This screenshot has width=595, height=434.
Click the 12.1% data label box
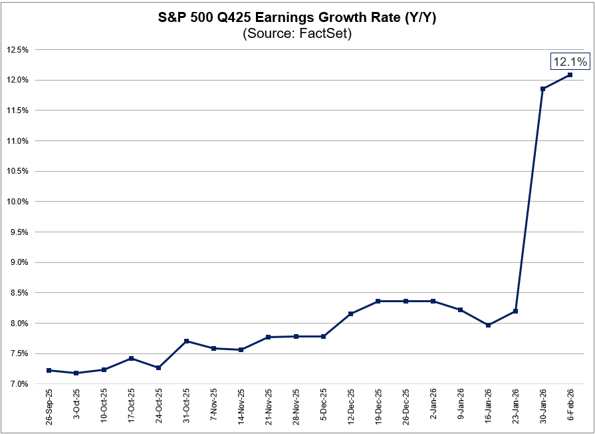570,62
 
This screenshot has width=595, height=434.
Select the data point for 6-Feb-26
570,75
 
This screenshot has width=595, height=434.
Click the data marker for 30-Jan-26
543,89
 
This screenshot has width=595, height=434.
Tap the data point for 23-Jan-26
516,311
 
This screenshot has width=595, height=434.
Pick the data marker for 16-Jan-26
489,325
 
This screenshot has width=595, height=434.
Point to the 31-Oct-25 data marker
186,341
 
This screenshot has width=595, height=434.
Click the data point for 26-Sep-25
49,370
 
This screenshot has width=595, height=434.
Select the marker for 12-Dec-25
351,314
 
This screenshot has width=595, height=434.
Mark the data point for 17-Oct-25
131,358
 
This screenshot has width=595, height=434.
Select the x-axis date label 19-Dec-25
378,407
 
